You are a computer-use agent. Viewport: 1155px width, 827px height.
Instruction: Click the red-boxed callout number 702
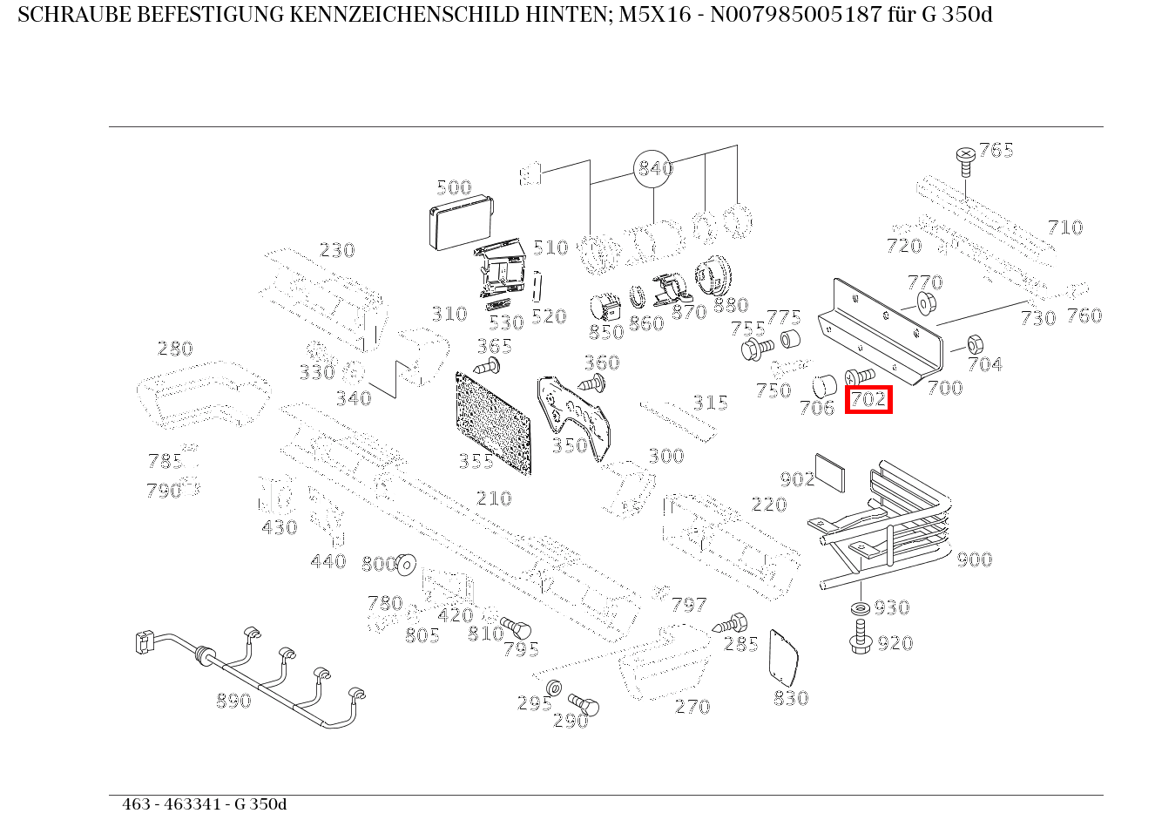(868, 399)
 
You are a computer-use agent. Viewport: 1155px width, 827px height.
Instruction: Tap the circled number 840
(654, 168)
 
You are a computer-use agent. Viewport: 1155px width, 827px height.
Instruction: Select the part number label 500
(453, 187)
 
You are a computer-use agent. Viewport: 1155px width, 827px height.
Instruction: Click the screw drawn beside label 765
(965, 158)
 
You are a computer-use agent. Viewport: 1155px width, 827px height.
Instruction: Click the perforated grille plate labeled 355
(493, 421)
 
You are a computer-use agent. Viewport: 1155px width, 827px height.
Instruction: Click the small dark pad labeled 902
(829, 471)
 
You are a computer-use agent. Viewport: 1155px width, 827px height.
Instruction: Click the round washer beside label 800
(405, 565)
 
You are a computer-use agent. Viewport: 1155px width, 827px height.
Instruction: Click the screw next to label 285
(732, 623)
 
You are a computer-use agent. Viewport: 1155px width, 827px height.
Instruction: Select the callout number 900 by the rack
(974, 559)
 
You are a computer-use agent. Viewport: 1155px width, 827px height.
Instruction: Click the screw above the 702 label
(859, 376)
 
